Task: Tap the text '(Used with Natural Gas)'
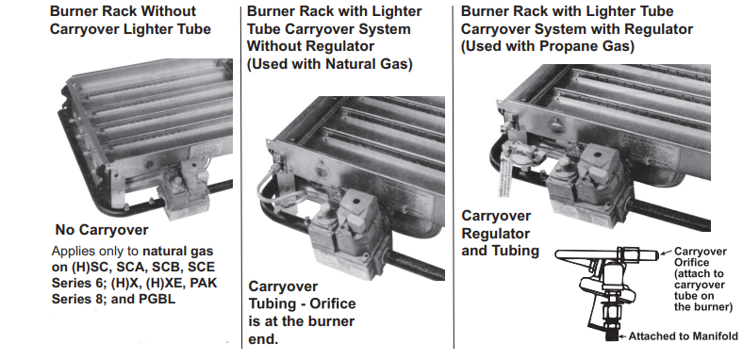[x=331, y=65]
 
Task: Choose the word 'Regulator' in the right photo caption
[x=496, y=233]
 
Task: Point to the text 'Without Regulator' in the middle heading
[x=310, y=47]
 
